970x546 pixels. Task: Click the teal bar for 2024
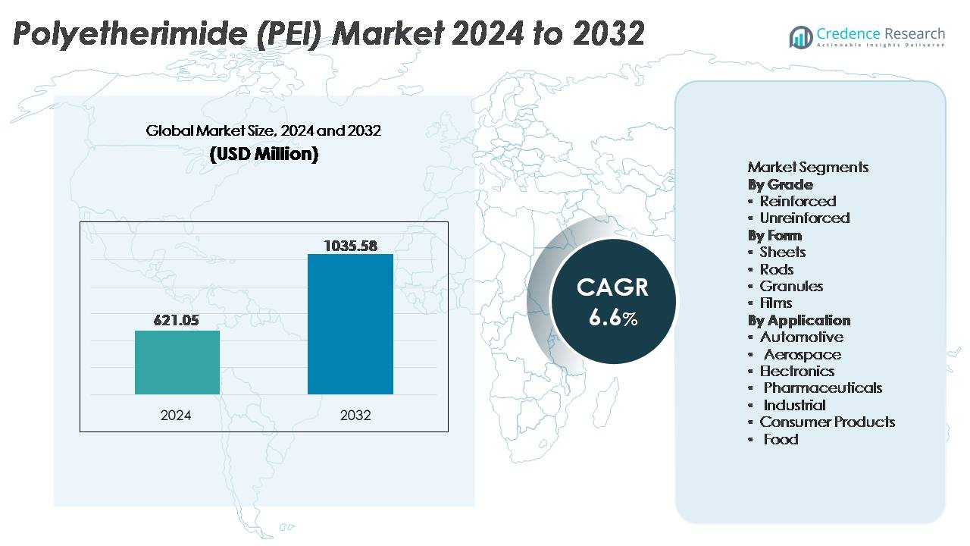[x=177, y=362]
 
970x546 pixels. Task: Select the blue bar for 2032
[x=350, y=325]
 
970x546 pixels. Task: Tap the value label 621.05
[x=176, y=321]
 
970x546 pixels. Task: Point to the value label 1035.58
[x=350, y=246]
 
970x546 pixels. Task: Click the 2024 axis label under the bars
[x=176, y=416]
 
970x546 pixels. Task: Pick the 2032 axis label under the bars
[x=355, y=416]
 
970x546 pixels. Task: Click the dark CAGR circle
[x=612, y=302]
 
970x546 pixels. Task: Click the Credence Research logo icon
[x=800, y=36]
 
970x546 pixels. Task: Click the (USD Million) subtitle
[x=264, y=155]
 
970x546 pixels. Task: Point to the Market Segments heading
[x=808, y=167]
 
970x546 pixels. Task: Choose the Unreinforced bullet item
[x=805, y=218]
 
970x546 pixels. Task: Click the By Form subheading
[x=774, y=235]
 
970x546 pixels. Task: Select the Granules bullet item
[x=791, y=286]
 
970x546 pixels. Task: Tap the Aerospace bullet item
[x=802, y=354]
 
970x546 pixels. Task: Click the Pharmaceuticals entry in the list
[x=822, y=388]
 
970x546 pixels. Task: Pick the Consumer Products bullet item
[x=828, y=422]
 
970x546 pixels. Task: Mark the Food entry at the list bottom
[x=781, y=439]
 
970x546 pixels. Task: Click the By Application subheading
[x=799, y=320]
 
